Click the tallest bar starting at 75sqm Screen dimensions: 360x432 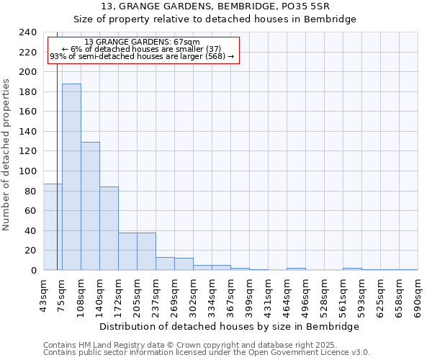(71, 177)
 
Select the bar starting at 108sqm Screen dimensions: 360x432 (90, 206)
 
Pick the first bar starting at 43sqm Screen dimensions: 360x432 (53, 227)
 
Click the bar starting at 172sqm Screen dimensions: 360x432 (127, 251)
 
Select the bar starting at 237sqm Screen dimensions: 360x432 (165, 264)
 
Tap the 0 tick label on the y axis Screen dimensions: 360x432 (33, 271)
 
